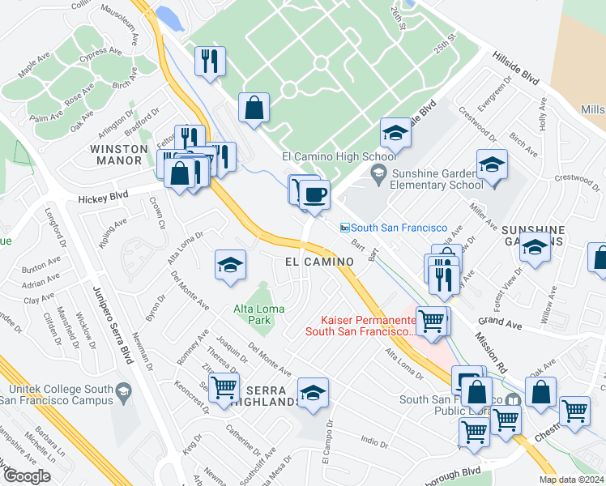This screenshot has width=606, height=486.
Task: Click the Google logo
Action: (x=26, y=476)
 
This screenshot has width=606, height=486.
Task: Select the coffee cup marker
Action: (x=315, y=195)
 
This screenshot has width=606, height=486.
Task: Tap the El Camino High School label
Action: (x=338, y=156)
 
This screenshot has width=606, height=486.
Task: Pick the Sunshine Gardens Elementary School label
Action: (x=437, y=178)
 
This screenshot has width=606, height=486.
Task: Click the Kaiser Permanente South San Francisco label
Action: (x=362, y=325)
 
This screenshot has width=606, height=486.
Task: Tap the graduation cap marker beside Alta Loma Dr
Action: (x=230, y=266)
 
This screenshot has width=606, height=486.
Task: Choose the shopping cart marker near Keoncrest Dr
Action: (x=224, y=387)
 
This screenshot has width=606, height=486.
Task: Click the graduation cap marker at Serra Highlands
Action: (x=313, y=393)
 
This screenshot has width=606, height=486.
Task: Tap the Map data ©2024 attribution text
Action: (x=570, y=480)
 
